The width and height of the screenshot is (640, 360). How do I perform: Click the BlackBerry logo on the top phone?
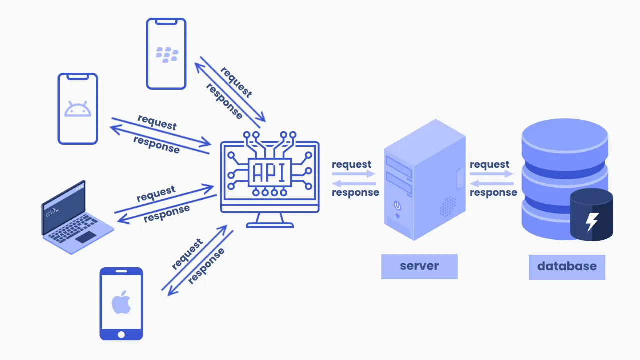click(167, 55)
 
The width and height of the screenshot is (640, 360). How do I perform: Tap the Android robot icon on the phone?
click(78, 109)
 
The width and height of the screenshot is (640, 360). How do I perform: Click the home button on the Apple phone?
click(121, 334)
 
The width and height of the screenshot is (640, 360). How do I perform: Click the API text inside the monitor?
click(269, 172)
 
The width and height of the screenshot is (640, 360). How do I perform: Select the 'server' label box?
click(419, 266)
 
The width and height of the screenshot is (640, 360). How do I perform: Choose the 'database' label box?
click(567, 266)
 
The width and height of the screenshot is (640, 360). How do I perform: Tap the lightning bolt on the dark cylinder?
click(592, 222)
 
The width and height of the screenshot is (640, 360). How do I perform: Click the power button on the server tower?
click(397, 205)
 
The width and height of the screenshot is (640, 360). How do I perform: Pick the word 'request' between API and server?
click(351, 164)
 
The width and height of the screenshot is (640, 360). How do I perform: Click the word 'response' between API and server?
click(355, 192)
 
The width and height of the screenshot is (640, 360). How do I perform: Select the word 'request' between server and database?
click(489, 164)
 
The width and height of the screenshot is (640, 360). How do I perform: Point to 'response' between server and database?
click(493, 192)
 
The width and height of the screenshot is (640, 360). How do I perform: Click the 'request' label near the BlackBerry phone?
click(236, 82)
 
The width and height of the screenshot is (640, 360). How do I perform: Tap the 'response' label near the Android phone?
click(156, 144)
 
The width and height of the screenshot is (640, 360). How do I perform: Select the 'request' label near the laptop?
click(156, 193)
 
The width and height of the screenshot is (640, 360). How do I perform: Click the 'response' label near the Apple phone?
click(206, 266)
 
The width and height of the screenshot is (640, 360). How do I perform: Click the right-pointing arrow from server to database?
click(492, 174)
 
